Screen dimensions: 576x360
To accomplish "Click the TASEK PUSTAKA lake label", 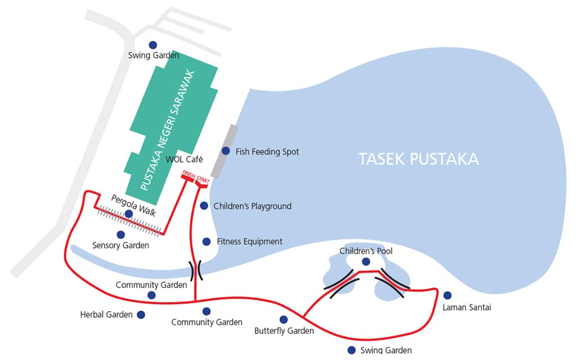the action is tap(418, 159).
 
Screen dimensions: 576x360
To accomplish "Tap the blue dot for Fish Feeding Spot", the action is tap(226, 151).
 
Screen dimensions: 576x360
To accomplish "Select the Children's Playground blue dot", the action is tap(204, 206).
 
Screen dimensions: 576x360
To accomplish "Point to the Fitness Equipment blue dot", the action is tap(206, 241).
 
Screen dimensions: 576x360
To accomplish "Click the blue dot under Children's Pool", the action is tap(366, 262).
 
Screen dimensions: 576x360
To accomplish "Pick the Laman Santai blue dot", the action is tap(447, 295).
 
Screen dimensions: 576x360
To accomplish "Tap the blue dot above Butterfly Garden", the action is tap(283, 319).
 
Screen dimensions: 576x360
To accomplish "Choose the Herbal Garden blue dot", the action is tap(141, 315).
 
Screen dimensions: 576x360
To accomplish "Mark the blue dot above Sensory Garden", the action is tap(120, 235).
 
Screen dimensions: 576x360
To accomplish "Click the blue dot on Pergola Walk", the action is tap(129, 214).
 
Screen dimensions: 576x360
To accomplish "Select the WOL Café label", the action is tap(184, 159).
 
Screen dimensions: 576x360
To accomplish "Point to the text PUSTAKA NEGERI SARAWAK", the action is tap(168, 130).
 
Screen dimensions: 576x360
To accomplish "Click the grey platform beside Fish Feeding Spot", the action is tap(224, 151).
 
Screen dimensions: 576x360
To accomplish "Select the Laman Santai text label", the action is tap(466, 308).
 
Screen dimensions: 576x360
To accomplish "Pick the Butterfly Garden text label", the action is tap(284, 331).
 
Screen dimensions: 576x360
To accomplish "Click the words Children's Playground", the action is tap(253, 206).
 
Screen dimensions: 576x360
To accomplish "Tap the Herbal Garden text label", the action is tap(106, 315).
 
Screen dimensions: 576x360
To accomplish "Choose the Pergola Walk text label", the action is tap(133, 206).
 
